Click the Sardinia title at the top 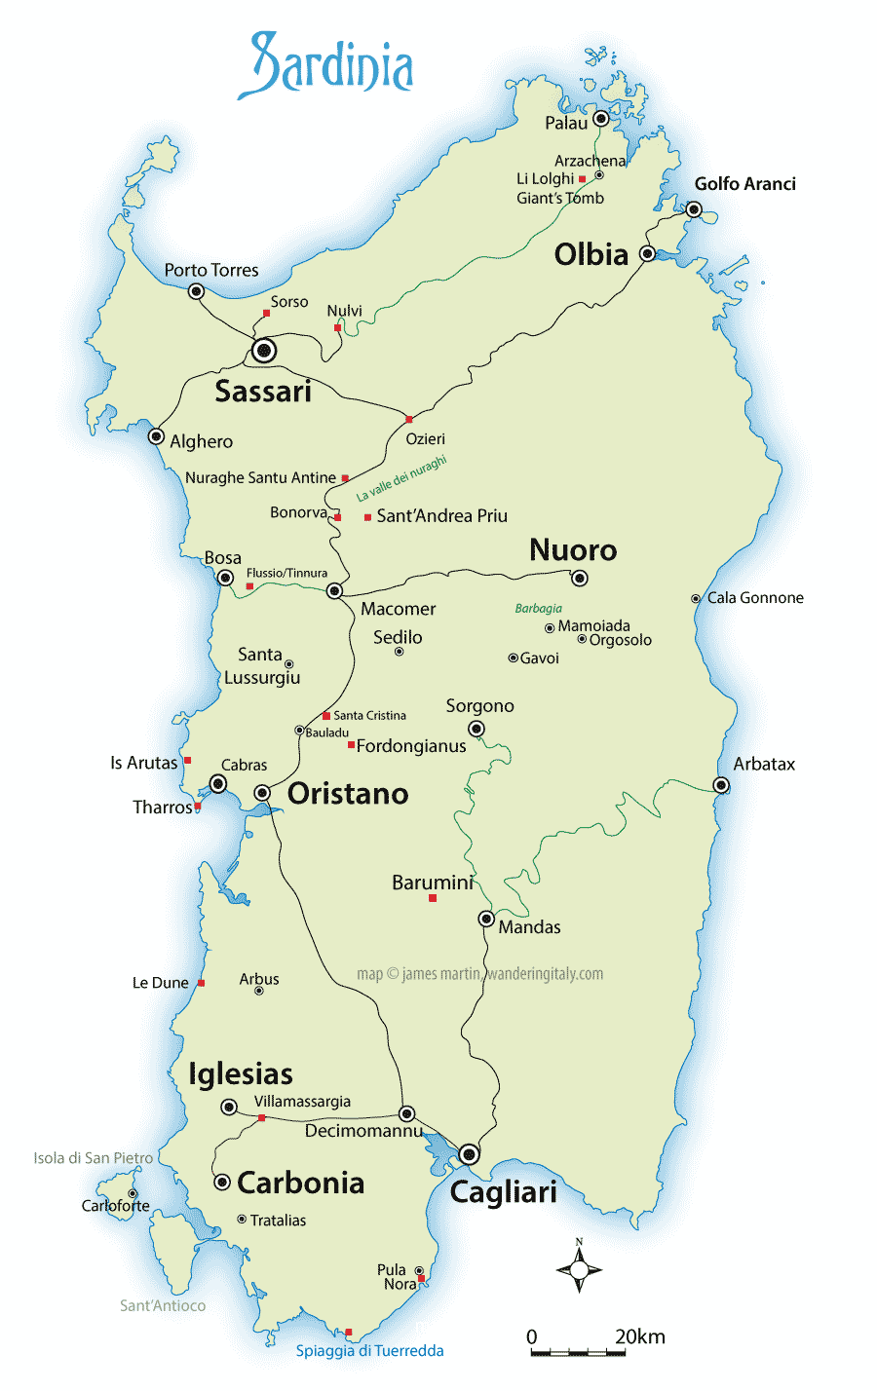tap(326, 66)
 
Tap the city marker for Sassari tap(263, 351)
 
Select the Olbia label tap(591, 255)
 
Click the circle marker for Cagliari tap(470, 1154)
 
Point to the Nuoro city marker tap(580, 579)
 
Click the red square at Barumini tap(433, 898)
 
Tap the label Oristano tap(348, 794)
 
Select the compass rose tap(579, 1269)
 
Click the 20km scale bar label tap(639, 1336)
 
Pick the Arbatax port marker tap(721, 785)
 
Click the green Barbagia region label tap(538, 609)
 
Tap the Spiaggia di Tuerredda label tap(369, 1351)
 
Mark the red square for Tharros tap(198, 807)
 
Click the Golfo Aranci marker tap(694, 209)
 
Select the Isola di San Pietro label tap(93, 1158)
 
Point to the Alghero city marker tap(156, 436)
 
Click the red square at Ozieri tap(409, 420)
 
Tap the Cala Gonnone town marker tap(696, 599)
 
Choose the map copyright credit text tap(479, 974)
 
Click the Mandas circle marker tap(486, 919)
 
